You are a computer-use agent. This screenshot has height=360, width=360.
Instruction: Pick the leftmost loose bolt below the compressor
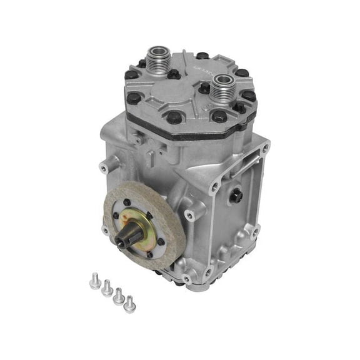(x=94, y=282)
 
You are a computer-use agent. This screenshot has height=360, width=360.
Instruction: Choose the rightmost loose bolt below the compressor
(x=130, y=304)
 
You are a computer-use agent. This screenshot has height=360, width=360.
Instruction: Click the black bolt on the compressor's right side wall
(x=239, y=196)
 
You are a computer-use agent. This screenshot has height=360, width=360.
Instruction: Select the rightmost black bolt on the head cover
(x=249, y=96)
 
